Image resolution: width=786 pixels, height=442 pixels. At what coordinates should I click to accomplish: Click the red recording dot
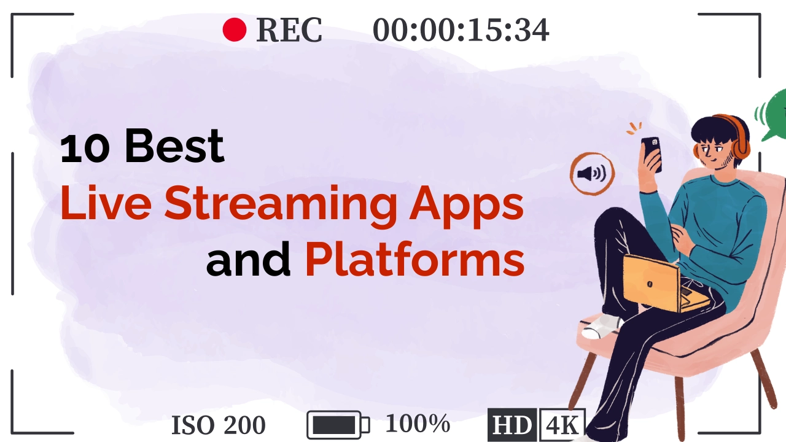[x=234, y=29]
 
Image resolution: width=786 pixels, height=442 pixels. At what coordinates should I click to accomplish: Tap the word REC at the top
[x=289, y=30]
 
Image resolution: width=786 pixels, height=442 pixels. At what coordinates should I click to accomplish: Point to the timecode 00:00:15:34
[x=461, y=30]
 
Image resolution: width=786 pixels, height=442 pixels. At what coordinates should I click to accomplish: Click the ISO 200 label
[x=218, y=425]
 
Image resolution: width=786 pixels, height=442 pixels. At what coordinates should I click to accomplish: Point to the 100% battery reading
[x=418, y=424]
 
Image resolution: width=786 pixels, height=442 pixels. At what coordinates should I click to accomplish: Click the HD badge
[x=512, y=425]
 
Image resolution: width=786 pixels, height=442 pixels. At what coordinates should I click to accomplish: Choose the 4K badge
[x=561, y=425]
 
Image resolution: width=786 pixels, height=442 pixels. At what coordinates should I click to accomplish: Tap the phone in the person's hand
[x=652, y=153]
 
